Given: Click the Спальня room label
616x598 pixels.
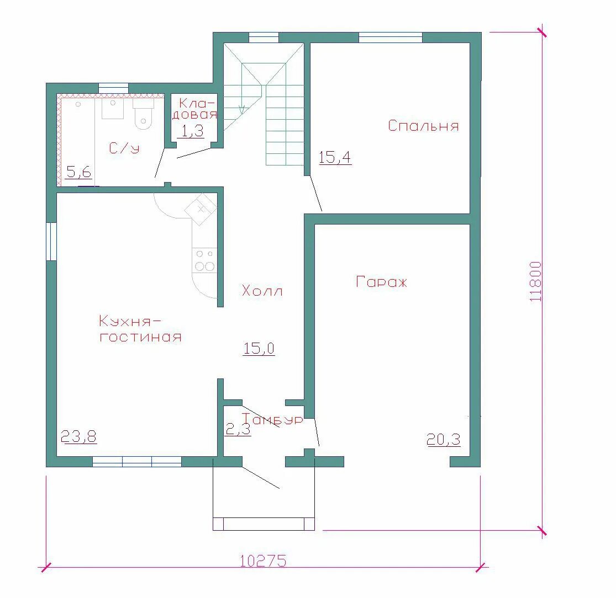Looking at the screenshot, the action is click(424, 126).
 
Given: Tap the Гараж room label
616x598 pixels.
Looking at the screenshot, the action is click(381, 282).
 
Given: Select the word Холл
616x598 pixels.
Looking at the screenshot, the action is click(262, 291).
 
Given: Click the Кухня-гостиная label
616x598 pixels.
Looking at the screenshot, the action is click(140, 329).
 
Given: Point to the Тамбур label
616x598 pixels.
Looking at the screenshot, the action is click(272, 419).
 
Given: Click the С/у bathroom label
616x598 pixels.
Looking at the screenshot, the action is click(124, 148).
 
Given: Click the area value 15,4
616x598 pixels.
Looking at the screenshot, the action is click(335, 158).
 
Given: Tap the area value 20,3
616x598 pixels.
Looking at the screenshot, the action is click(444, 440).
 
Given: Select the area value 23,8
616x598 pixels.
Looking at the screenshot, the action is click(79, 436).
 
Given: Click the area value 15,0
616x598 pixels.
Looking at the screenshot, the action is click(259, 349).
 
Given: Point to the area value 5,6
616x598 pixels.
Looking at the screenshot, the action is click(79, 172).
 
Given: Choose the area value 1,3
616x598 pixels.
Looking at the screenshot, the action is click(192, 131).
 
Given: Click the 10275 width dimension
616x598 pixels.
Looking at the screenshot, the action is click(263, 560).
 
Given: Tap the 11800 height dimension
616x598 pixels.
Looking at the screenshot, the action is click(535, 281).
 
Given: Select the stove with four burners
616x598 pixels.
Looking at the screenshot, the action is click(204, 260).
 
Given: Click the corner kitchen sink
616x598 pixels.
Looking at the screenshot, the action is click(201, 209).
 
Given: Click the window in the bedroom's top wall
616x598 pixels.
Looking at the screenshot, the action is click(391, 38).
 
